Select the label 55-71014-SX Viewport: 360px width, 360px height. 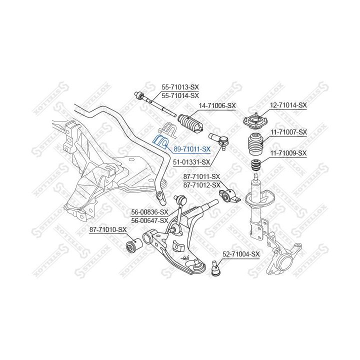(180, 95)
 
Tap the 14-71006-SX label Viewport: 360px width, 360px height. (217, 105)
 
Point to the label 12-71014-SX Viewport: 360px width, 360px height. (288, 105)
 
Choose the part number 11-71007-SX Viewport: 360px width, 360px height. (288, 131)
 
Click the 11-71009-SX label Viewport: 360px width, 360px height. (288, 153)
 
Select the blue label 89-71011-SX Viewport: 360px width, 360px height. (191, 148)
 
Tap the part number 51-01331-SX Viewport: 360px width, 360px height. (191, 162)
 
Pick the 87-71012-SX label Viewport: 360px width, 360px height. (201, 184)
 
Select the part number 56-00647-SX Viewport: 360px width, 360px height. (149, 220)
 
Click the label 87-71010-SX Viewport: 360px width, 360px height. (108, 230)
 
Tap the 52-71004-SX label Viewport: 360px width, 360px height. (241, 254)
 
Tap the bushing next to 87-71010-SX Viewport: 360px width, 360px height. (133, 246)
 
